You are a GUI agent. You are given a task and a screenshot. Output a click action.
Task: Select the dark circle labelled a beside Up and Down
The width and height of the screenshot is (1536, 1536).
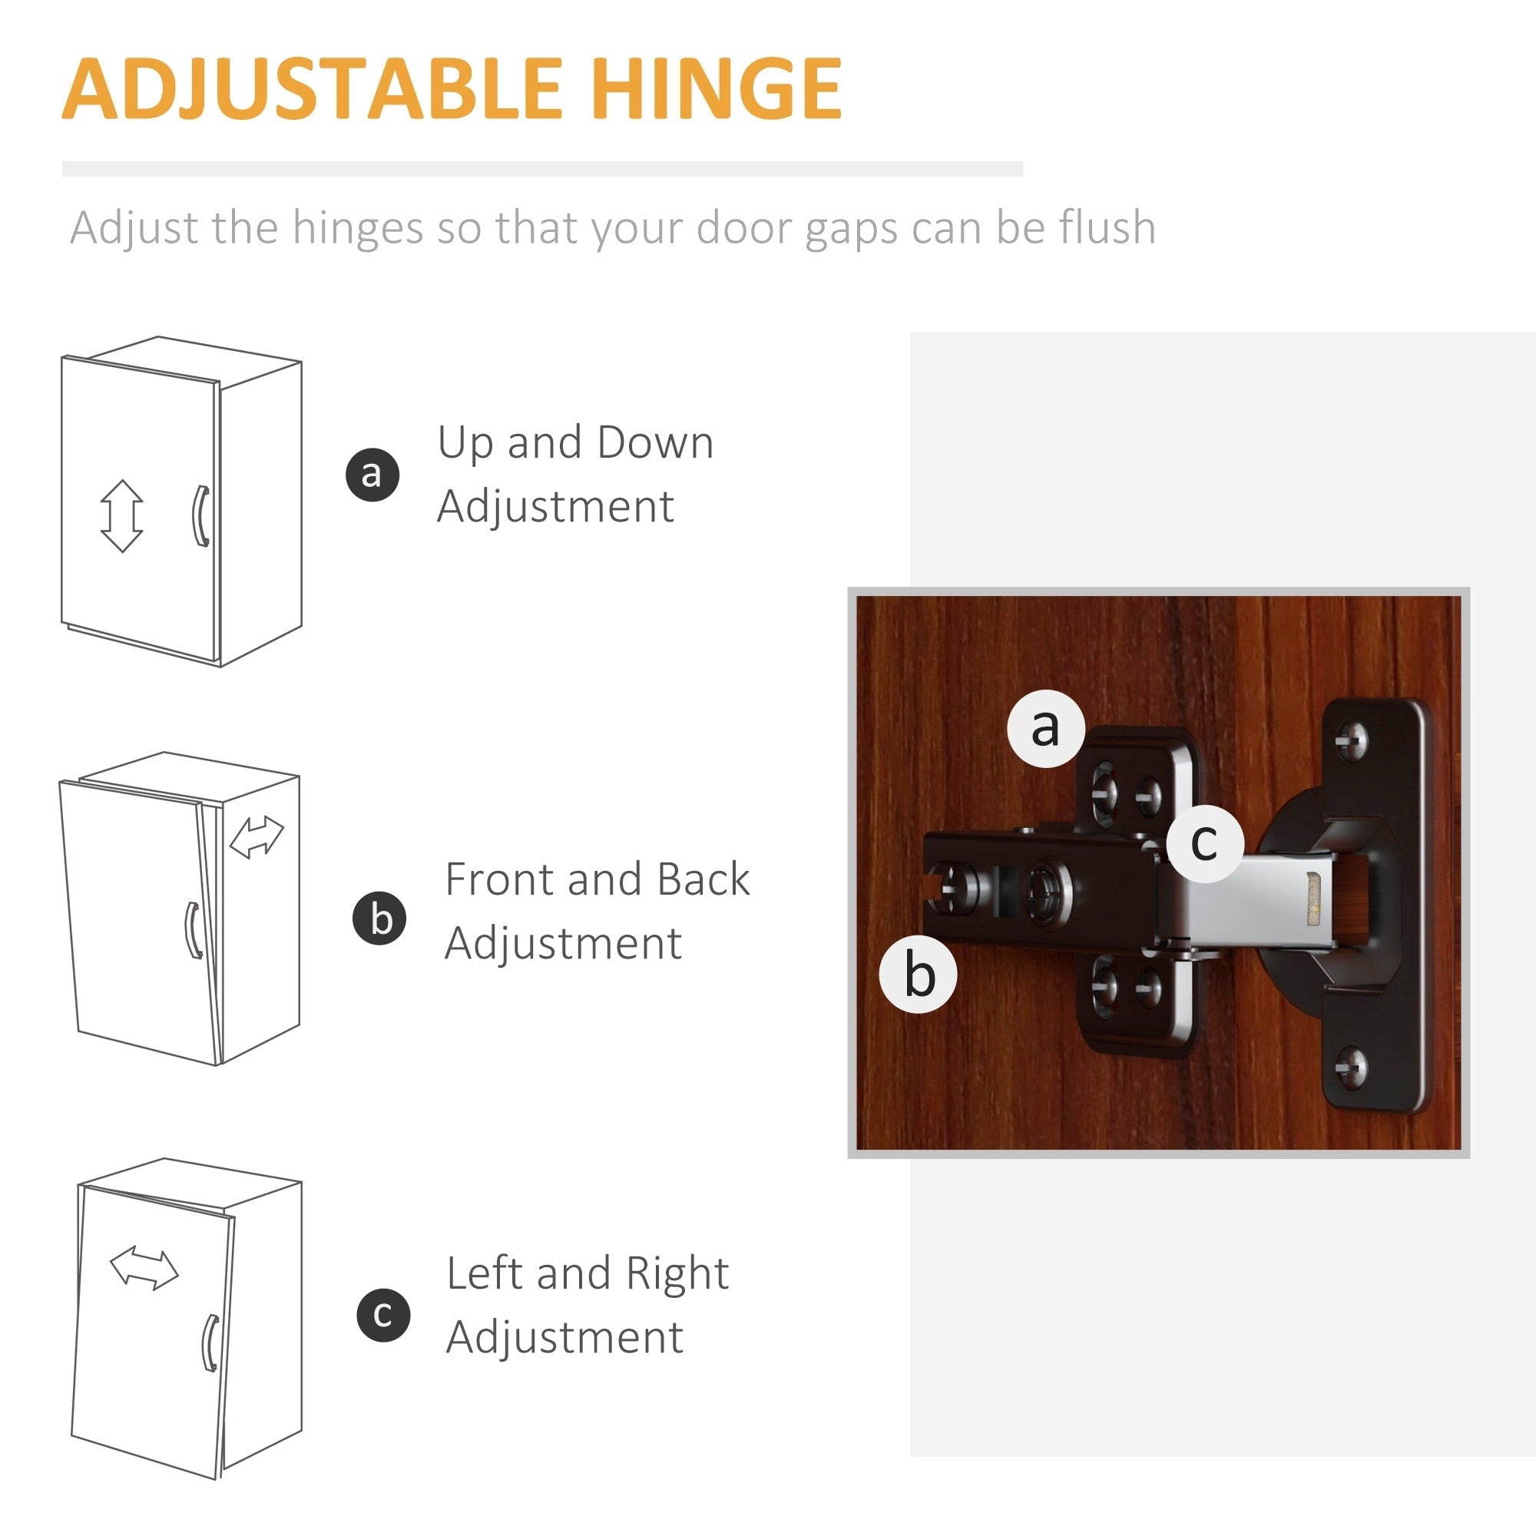coord(372,474)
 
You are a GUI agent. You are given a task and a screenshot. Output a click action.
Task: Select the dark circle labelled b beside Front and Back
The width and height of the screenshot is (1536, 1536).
coord(379,919)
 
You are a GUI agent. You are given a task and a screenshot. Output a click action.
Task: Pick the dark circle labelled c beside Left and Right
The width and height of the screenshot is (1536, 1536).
coord(383,1315)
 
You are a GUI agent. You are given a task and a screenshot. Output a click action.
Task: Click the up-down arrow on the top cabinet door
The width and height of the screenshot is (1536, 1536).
coord(121,516)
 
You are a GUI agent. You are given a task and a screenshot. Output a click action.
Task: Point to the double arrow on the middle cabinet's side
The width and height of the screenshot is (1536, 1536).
coord(256,838)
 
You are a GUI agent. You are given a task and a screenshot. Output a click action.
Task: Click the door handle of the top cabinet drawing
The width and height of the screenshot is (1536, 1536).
coord(201,516)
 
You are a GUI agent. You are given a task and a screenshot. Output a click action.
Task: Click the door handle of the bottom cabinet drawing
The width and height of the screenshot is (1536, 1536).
coord(210,1342)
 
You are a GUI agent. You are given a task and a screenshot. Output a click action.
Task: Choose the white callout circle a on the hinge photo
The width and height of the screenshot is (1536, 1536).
coord(1045,728)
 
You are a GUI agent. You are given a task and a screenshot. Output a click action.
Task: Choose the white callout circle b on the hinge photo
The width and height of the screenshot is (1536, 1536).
coord(919,975)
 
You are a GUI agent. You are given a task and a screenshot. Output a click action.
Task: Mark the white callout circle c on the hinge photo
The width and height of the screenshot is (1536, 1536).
coord(1205,843)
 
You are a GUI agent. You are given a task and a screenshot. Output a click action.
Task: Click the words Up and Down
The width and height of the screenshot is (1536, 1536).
coord(574,443)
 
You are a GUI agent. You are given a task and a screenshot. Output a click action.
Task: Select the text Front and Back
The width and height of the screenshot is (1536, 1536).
coord(596,879)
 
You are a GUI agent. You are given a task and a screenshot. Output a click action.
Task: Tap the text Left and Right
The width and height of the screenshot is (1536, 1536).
coord(587,1273)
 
